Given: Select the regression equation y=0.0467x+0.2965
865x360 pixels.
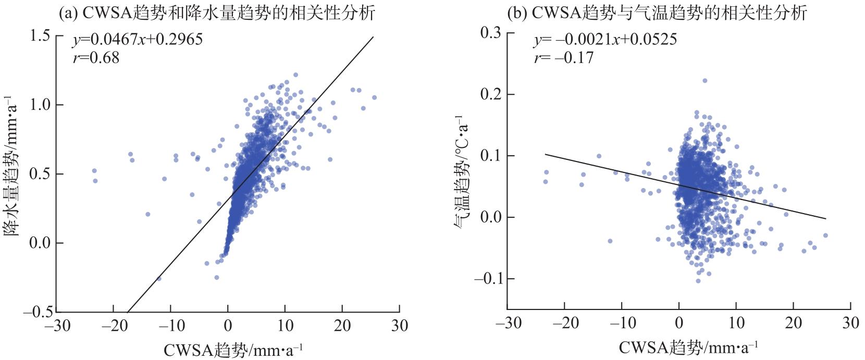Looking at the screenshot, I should [137, 39].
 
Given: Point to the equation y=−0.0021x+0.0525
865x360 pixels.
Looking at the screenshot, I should [605, 39].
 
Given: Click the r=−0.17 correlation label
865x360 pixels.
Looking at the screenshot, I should [563, 57].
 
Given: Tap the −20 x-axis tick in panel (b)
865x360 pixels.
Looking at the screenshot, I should [564, 323].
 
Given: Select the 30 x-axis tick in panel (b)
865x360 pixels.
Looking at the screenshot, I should [850, 323].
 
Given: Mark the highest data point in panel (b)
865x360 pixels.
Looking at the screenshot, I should [705, 81].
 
